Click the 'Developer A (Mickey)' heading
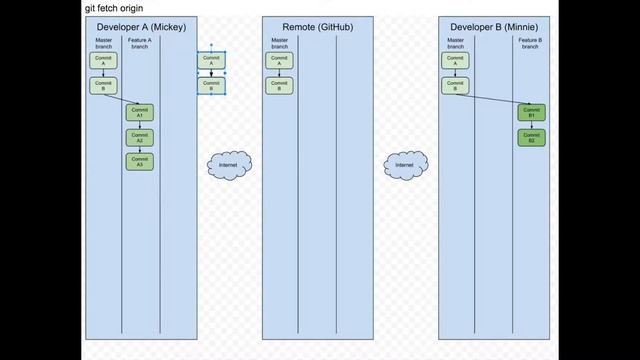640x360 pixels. pyautogui.click(x=140, y=26)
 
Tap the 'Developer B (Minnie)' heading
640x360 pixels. pyautogui.click(x=497, y=26)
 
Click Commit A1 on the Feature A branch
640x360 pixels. pyautogui.click(x=140, y=112)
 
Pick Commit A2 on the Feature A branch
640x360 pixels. pyautogui.click(x=140, y=137)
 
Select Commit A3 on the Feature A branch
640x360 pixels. pyautogui.click(x=140, y=160)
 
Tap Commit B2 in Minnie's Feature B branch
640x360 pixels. pyautogui.click(x=531, y=138)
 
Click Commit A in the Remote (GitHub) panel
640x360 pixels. pyautogui.click(x=280, y=61)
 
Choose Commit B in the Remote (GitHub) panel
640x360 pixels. pyautogui.click(x=280, y=86)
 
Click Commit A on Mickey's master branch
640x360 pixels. pyautogui.click(x=104, y=61)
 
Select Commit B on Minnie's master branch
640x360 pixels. pyautogui.click(x=456, y=86)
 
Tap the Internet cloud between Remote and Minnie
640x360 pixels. pyautogui.click(x=405, y=164)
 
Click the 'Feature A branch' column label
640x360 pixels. pyautogui.click(x=140, y=43)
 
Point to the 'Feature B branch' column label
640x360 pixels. pyautogui.click(x=531, y=43)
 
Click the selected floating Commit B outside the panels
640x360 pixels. pyautogui.click(x=211, y=86)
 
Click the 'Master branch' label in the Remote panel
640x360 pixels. pyautogui.click(x=280, y=43)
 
